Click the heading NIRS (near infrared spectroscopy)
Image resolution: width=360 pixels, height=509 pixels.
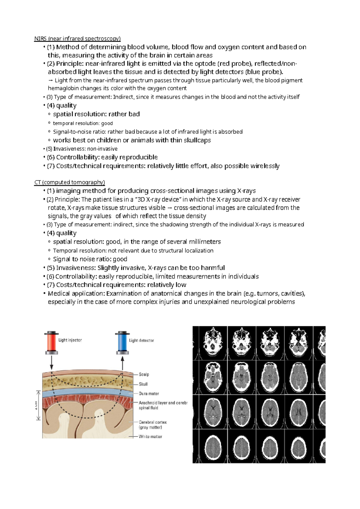[77, 38]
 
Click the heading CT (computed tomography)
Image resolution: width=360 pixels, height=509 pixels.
[70, 182]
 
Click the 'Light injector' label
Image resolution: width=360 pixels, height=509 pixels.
[70, 340]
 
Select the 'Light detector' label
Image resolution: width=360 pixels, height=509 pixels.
[141, 340]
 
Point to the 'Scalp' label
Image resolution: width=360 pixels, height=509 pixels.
[144, 374]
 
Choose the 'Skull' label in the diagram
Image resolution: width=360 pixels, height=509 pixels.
[143, 384]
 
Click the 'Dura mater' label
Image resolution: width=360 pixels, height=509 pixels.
[149, 394]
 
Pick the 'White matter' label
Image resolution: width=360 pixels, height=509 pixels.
[150, 436]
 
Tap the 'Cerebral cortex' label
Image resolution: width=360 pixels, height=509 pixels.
[153, 422]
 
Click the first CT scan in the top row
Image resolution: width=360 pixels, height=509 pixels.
[213, 343]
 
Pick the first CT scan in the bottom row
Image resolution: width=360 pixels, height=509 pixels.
[213, 446]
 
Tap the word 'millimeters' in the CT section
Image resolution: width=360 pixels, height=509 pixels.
[205, 242]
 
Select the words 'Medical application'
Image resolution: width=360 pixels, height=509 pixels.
[76, 293]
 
